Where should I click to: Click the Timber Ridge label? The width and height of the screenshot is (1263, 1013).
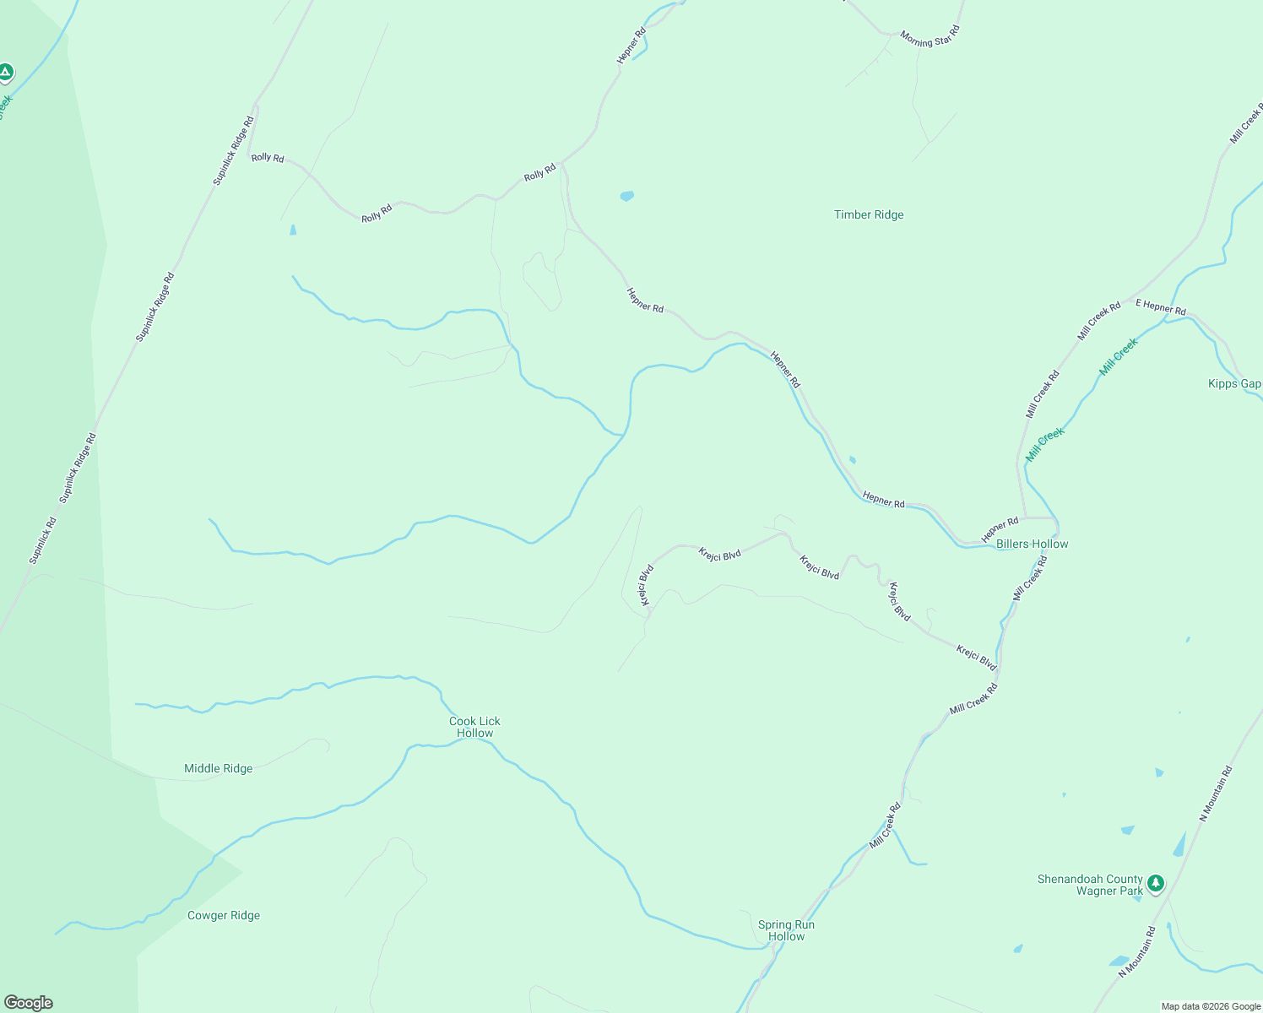pos(869,215)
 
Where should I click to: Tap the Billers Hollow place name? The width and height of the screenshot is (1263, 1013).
pos(1032,544)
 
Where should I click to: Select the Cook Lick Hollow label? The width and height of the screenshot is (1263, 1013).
pos(474,727)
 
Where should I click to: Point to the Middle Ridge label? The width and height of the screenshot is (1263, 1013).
pos(218,769)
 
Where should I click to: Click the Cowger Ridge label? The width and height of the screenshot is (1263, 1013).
pos(224,916)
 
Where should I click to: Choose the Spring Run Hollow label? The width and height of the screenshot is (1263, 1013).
pos(786,930)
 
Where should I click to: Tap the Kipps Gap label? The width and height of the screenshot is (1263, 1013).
pos(1234,384)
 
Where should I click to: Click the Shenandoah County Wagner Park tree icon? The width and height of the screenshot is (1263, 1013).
pos(1156,883)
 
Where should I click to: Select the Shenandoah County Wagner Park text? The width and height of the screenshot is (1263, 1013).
pos(1090,885)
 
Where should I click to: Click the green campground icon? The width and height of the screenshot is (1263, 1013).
pos(6,72)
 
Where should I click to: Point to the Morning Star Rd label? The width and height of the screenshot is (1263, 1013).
pos(930,38)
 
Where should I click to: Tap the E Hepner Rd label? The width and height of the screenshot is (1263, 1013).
pos(1161,306)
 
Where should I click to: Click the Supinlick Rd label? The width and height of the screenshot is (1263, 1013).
pos(42,541)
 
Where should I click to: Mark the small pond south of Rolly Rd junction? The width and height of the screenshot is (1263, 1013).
pos(626,196)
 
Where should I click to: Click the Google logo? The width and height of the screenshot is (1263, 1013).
pos(29,1003)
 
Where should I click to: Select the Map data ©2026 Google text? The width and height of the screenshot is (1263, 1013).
pos(1211,1006)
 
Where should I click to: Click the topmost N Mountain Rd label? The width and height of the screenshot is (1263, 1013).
pos(1217,794)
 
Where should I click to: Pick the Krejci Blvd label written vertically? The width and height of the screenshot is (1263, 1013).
pos(647,585)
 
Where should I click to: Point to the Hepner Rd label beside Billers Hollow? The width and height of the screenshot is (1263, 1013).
pos(1000,530)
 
